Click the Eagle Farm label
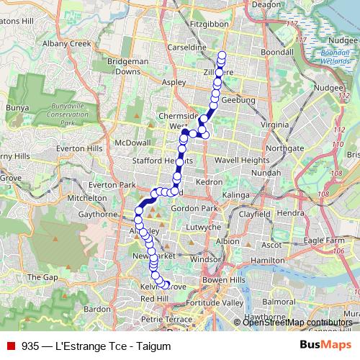pos(323,240)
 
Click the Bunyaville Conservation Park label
pos(58,115)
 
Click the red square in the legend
pos(10,346)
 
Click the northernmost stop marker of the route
pos(222,55)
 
